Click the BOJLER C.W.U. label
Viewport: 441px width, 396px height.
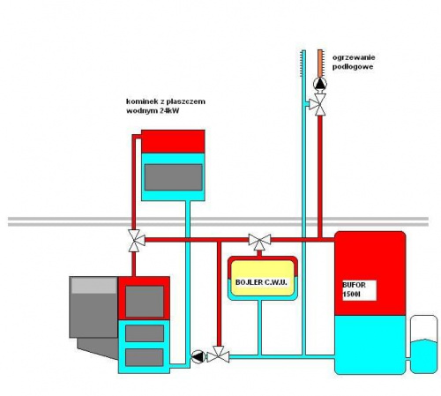click(261, 282)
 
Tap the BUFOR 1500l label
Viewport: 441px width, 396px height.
click(355, 289)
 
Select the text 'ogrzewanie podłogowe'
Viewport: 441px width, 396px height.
click(354, 62)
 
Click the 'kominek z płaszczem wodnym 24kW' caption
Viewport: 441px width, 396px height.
click(166, 106)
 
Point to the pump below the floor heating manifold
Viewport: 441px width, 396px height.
click(320, 84)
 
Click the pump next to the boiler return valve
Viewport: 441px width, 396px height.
click(198, 356)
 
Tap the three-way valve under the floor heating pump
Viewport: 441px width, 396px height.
click(318, 104)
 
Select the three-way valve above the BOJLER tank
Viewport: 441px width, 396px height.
click(259, 242)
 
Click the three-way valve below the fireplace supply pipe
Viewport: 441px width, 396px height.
click(136, 241)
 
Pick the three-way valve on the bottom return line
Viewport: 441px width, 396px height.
click(219, 355)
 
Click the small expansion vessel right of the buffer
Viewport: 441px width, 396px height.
click(423, 344)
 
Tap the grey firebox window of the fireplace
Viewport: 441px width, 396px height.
click(174, 177)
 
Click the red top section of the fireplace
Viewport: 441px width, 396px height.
click(173, 141)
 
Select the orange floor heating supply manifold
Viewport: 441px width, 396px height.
click(320, 64)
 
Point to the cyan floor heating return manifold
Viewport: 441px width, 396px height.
click(303, 64)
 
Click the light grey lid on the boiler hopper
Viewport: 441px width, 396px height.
click(94, 285)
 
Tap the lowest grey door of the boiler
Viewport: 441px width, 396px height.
click(145, 357)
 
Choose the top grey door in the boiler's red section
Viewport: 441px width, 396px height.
click(145, 302)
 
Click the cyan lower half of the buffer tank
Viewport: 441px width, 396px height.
click(370, 345)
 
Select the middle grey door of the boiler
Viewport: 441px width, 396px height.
click(145, 333)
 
